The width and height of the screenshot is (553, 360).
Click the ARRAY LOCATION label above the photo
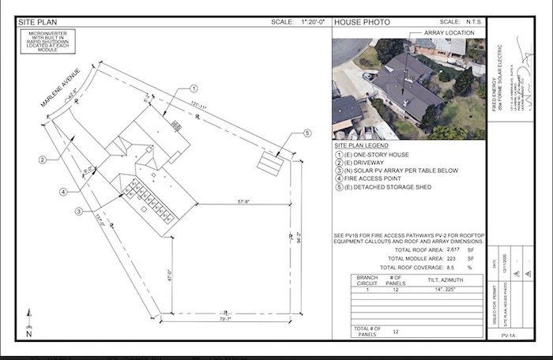pos(450,33)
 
